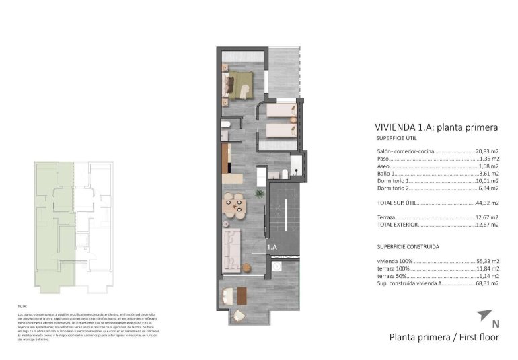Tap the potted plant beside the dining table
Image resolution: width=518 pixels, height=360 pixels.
259,194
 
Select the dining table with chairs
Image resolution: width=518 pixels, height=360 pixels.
235,203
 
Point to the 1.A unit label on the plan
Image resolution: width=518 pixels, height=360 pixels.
272,248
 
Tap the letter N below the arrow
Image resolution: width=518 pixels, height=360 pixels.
496,324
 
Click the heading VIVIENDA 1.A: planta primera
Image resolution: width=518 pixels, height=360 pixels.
435,127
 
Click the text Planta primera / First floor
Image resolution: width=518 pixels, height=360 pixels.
444,337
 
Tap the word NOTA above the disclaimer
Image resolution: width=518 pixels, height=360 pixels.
22,306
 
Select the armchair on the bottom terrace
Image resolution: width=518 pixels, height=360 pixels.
239,316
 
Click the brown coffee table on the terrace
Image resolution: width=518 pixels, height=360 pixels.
229,295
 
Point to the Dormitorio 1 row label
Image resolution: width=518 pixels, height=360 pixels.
393,180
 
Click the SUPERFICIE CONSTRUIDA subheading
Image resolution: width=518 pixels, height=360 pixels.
405,247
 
